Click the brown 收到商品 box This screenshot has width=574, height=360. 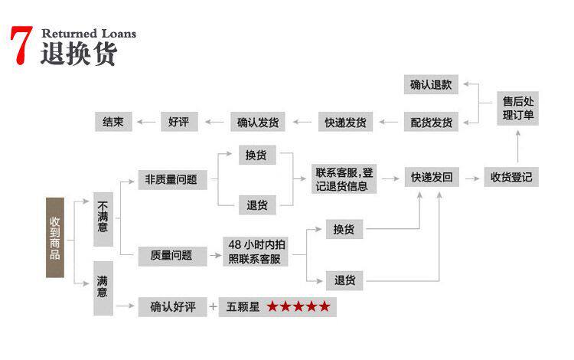pos(54,237)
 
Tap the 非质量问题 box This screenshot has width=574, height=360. pos(171,180)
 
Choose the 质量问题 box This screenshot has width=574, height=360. pos(171,256)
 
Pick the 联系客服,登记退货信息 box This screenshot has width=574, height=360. pos(344,179)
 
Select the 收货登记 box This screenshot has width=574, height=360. pos(511,178)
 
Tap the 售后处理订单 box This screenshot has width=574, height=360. pos(518,107)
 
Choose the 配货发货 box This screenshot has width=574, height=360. pos(431,122)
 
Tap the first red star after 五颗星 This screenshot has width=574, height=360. pos(273,307)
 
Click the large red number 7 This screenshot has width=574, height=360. pos(21,46)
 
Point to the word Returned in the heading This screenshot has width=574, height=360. pos(68,33)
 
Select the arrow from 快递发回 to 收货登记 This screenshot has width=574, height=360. pos(471,178)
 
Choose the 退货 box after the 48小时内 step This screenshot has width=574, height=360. pos(344,280)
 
